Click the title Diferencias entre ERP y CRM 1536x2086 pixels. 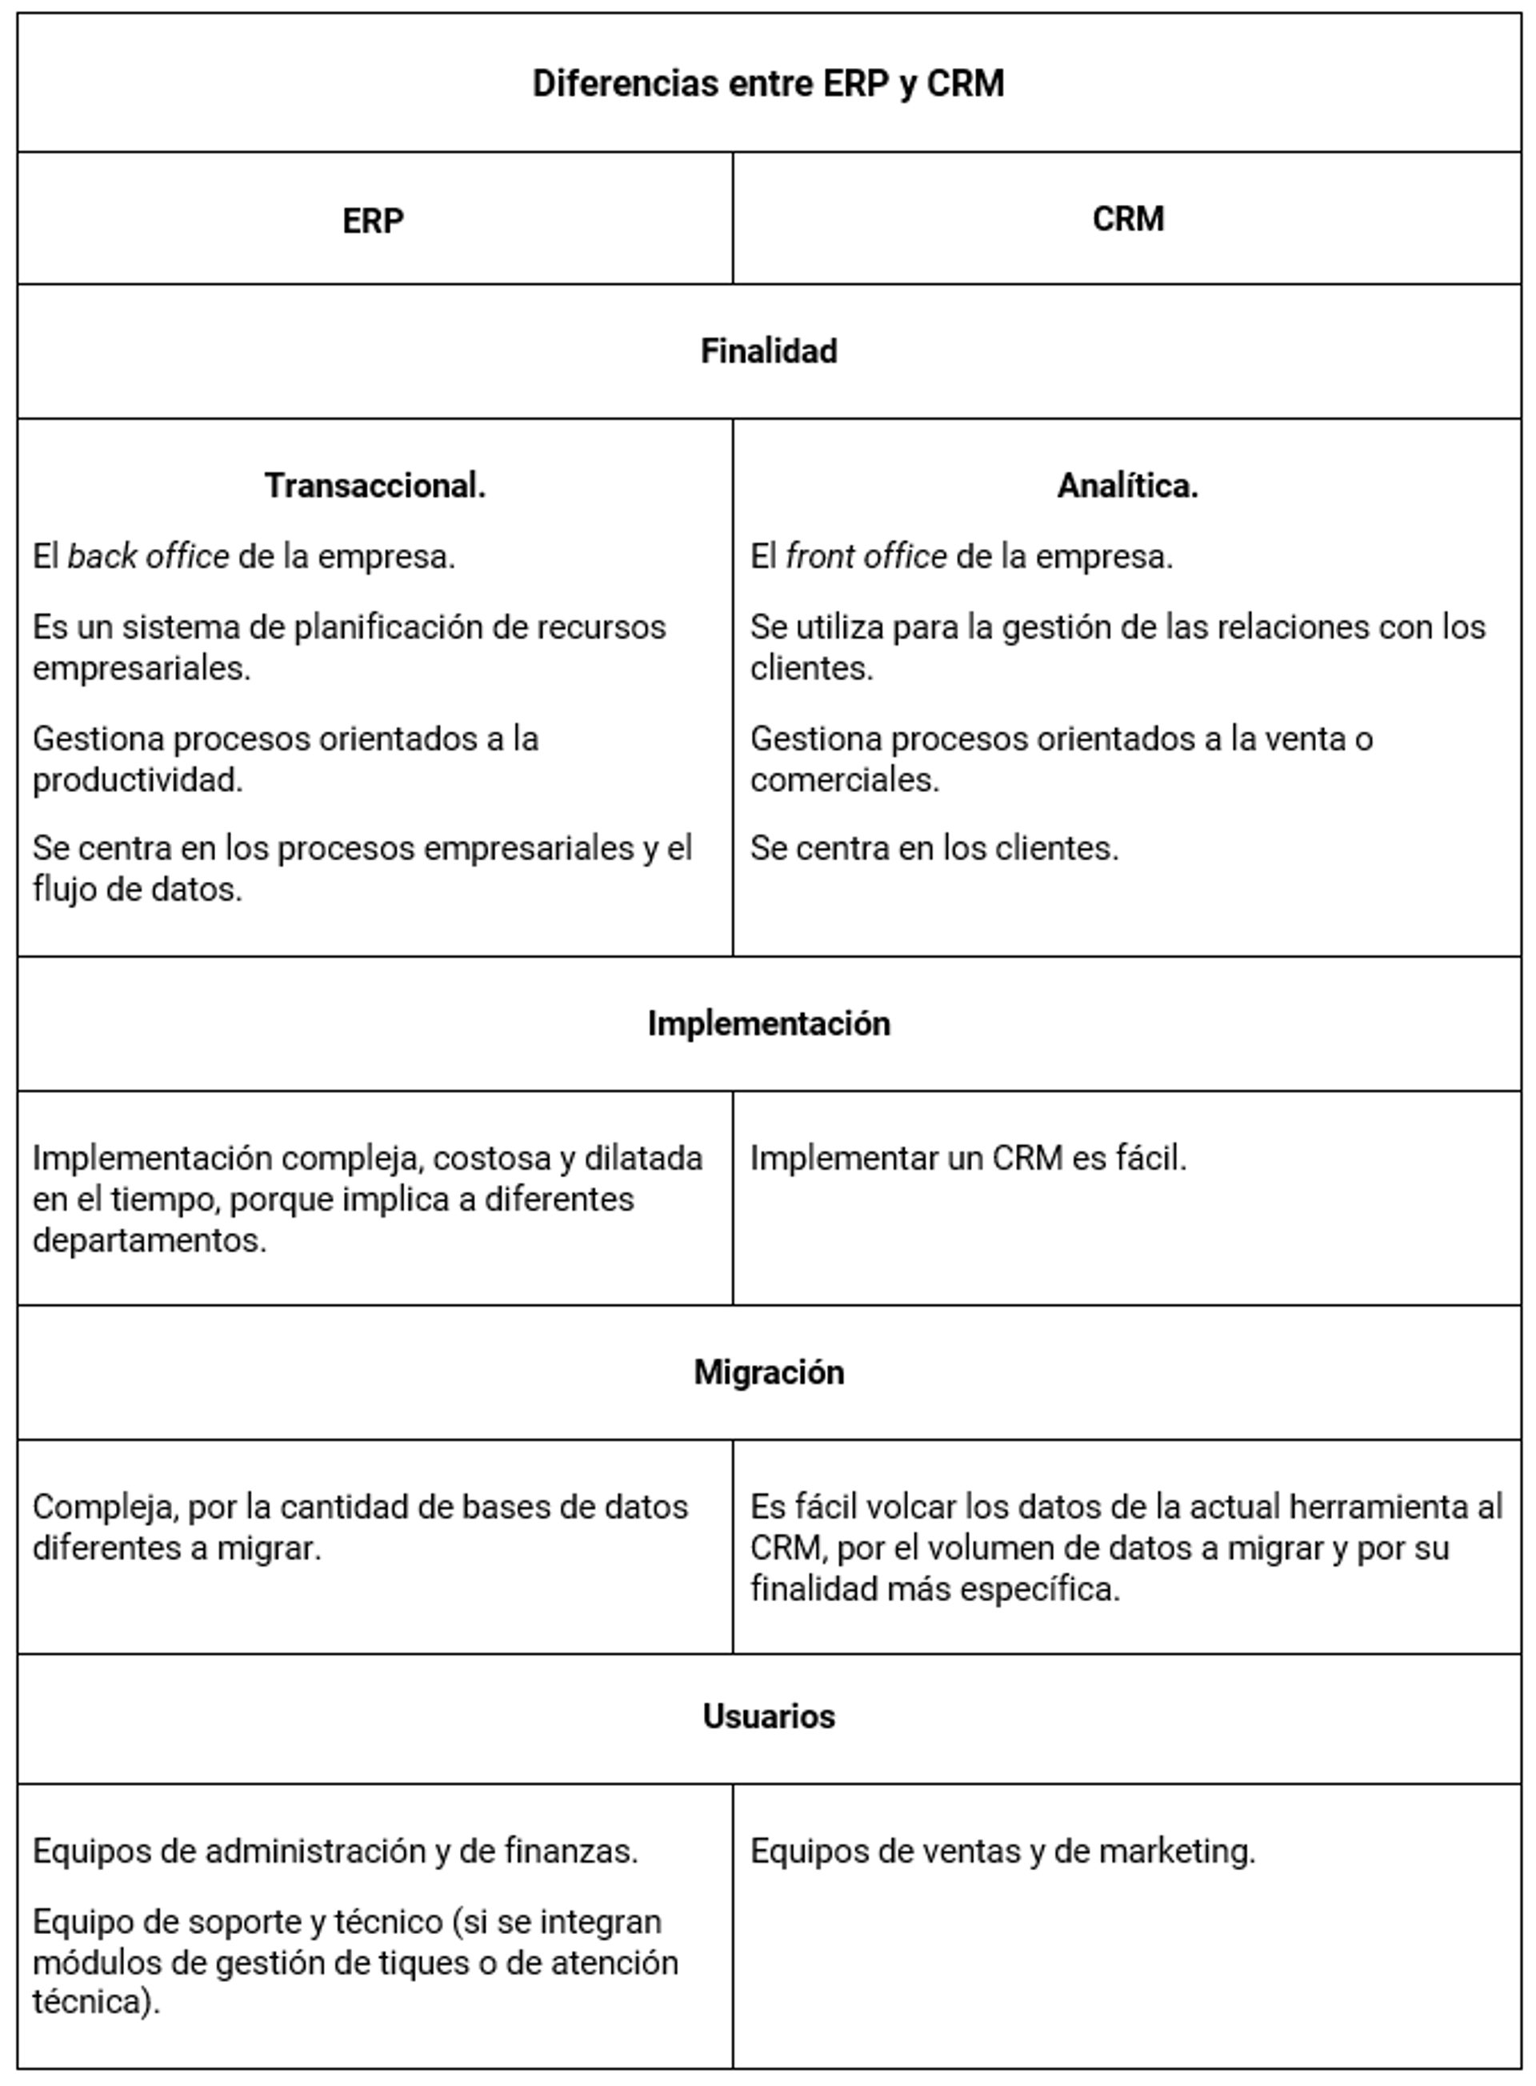(x=767, y=84)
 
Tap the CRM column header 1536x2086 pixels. (x=1127, y=219)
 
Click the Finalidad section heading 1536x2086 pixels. (x=768, y=351)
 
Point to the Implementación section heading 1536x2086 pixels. (x=768, y=1024)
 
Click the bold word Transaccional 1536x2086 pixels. (x=374, y=486)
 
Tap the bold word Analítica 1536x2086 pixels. (x=1127, y=486)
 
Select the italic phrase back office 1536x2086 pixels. (x=148, y=557)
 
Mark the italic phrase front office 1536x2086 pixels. (x=866, y=557)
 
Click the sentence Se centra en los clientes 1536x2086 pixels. (x=934, y=848)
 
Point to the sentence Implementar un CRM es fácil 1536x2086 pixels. (x=968, y=1159)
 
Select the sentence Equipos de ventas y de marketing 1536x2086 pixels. (x=1002, y=1852)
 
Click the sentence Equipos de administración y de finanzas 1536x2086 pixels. (x=334, y=1852)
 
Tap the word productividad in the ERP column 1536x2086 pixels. (x=137, y=780)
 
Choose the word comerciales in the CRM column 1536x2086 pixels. (x=844, y=780)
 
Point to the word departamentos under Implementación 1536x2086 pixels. (x=149, y=1240)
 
